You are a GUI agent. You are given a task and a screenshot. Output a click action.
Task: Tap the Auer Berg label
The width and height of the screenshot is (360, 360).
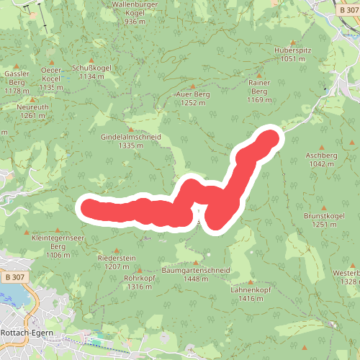pos(192,94)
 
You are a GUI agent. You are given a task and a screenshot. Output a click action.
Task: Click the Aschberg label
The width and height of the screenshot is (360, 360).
pos(321,156)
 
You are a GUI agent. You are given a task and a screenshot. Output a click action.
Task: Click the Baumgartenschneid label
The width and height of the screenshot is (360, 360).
pos(195,271)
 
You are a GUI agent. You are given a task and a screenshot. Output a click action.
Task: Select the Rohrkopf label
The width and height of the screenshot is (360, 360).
pos(140,277)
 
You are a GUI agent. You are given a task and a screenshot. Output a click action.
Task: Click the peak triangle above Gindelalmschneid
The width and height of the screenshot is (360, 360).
pos(131,128)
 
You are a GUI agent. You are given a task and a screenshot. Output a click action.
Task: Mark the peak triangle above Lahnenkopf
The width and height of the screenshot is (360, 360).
pos(251,282)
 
